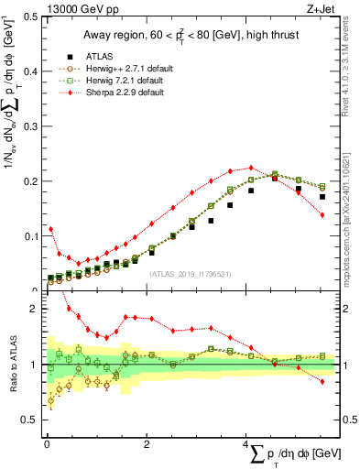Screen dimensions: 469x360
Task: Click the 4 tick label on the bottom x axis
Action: pyautogui.click(x=246, y=444)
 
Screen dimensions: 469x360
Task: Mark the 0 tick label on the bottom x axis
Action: pyautogui.click(x=46, y=444)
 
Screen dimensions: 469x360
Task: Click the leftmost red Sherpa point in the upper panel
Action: pyautogui.click(x=50, y=229)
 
